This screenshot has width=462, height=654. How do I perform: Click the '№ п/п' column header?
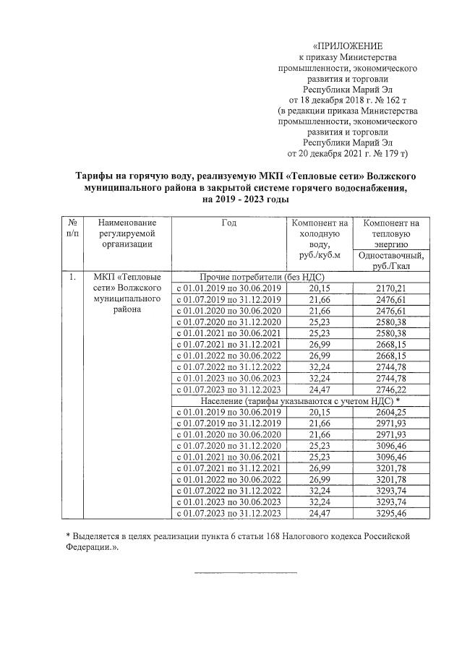point(72,229)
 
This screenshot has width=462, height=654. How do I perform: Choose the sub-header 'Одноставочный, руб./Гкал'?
point(390,259)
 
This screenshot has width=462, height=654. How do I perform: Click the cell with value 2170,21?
point(390,288)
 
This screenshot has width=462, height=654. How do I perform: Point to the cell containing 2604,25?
point(390,411)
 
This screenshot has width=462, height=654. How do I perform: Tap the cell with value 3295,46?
point(390,512)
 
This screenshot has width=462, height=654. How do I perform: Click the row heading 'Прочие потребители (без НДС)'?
point(262,277)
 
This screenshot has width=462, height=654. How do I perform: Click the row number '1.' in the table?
point(72,277)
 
